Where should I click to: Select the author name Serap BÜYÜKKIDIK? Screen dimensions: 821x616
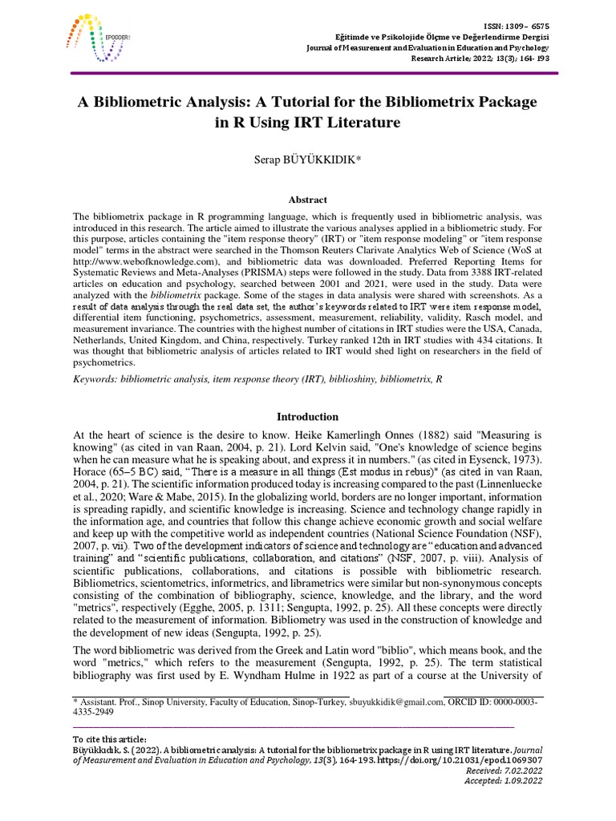coord(307,160)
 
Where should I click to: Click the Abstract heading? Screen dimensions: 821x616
coord(307,200)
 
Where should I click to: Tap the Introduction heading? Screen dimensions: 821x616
coord(308,417)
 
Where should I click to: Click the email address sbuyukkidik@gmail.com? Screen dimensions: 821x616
coord(395,702)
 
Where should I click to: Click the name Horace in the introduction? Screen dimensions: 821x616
coord(91,472)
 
